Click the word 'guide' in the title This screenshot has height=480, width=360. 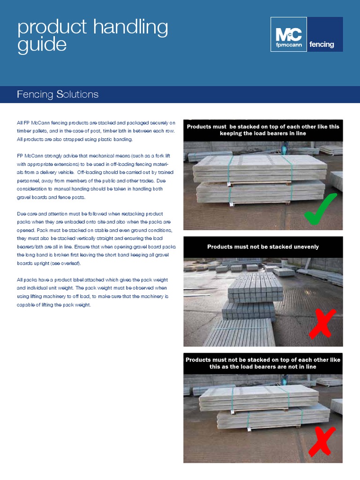[42, 45]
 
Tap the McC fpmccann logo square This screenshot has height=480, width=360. [289, 35]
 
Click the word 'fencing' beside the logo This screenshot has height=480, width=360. [322, 45]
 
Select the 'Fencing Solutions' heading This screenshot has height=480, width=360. [58, 94]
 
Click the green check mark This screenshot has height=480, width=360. [320, 209]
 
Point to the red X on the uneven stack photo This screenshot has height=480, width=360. [322, 324]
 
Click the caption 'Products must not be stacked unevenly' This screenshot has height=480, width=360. [263, 247]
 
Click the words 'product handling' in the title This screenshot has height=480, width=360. [92, 27]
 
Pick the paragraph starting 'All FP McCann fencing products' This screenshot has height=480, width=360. [96, 131]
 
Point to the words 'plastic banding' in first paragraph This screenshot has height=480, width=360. [115, 139]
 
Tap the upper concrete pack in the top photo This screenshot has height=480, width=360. [261, 167]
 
